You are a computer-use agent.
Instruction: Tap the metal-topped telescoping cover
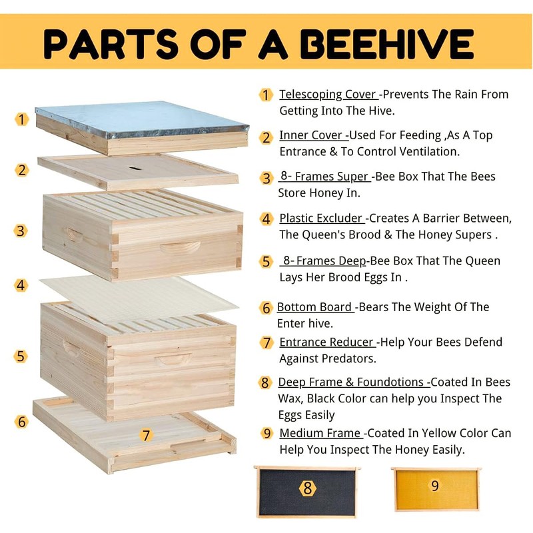(141, 120)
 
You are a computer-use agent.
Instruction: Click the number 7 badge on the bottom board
(146, 436)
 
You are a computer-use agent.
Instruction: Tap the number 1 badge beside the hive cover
(22, 119)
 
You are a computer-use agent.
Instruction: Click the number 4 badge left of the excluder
(22, 285)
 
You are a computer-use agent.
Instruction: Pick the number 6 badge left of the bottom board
(22, 422)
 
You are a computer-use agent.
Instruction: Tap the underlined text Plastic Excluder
(322, 218)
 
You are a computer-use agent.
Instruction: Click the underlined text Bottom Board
(314, 307)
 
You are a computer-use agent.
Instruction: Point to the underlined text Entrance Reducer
(326, 342)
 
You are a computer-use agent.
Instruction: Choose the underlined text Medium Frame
(320, 433)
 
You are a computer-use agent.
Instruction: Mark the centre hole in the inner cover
(135, 167)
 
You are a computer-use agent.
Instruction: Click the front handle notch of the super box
(181, 248)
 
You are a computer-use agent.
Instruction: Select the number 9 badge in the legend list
(267, 433)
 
